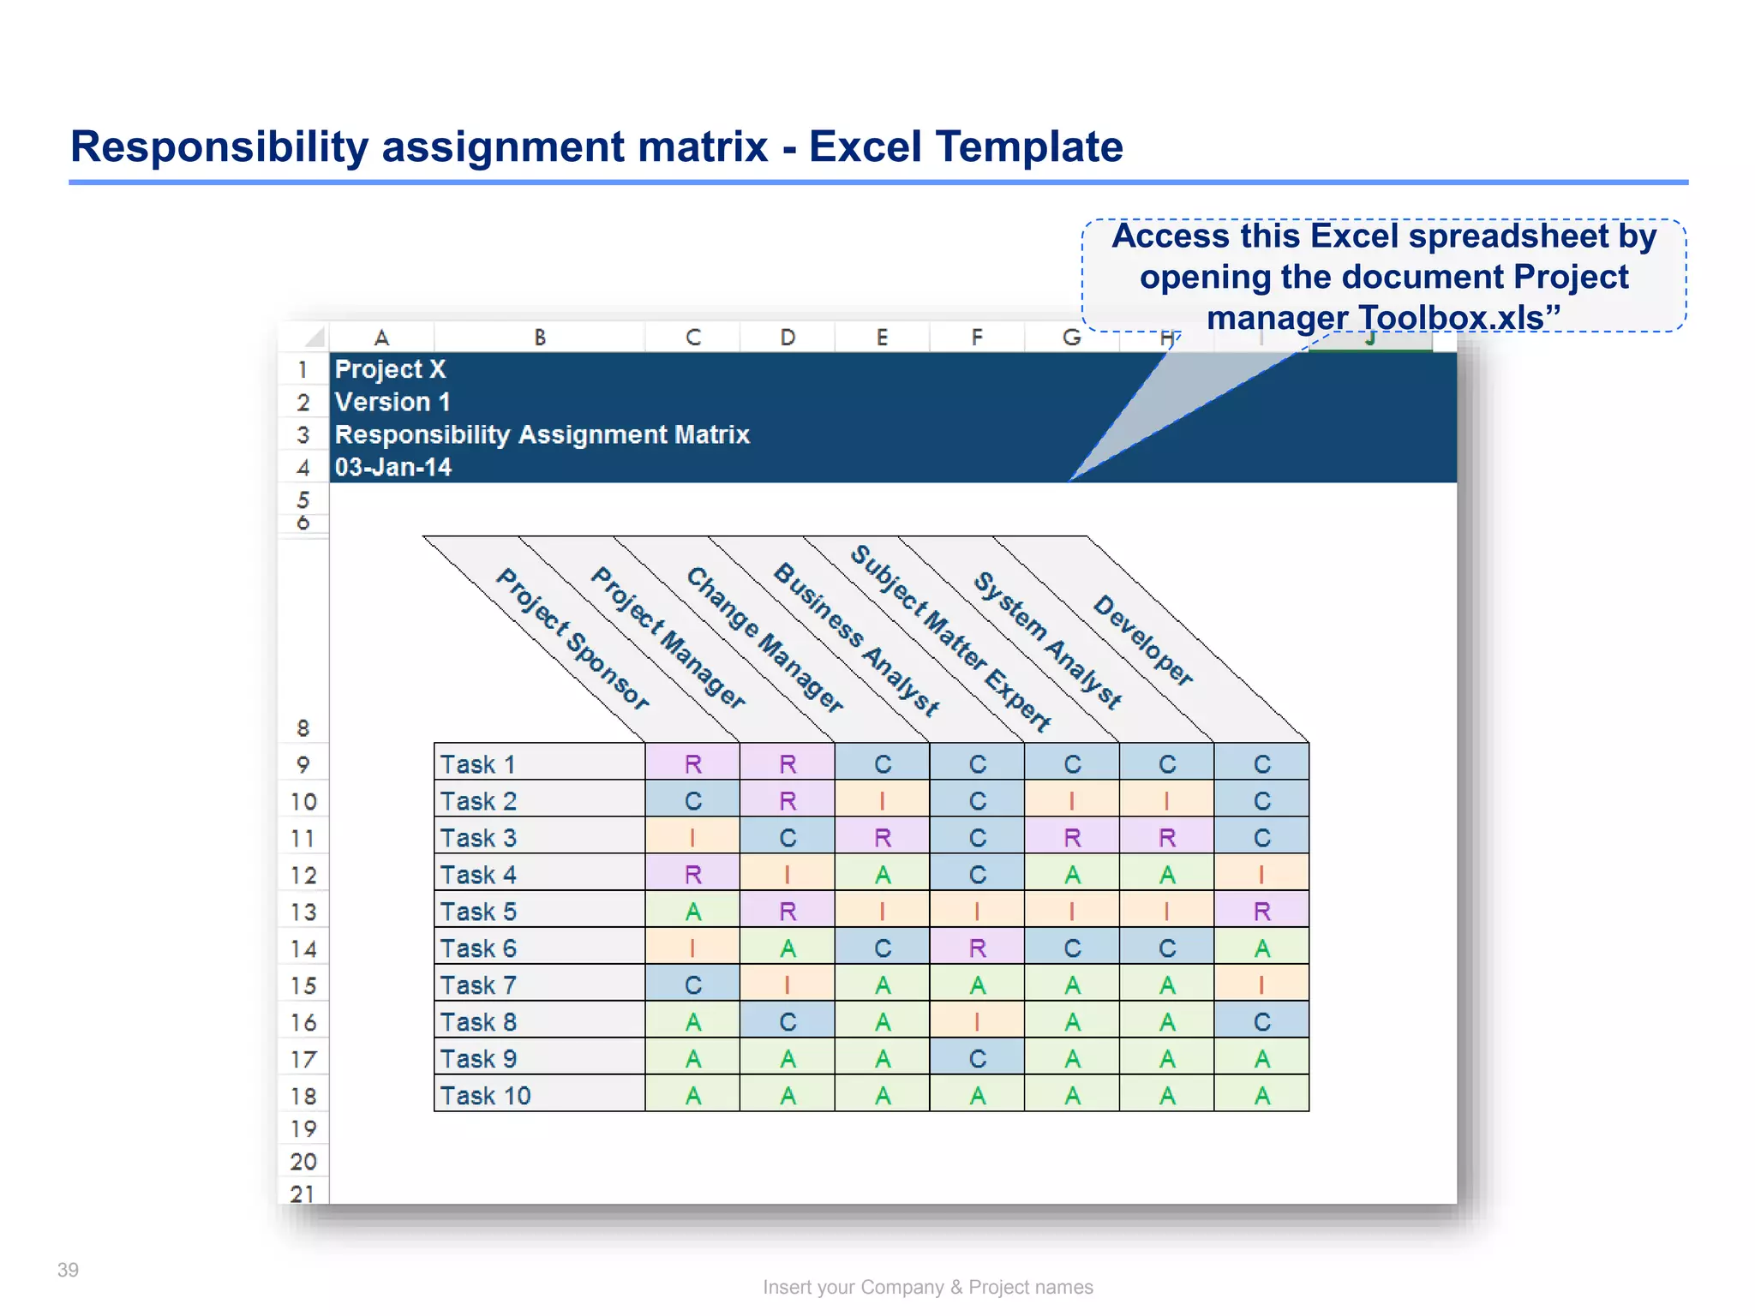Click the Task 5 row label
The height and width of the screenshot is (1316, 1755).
(x=478, y=912)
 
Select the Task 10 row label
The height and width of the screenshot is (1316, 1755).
(x=485, y=1096)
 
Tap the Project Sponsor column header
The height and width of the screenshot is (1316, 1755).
(x=572, y=638)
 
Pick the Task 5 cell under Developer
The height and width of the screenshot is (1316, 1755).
(x=1261, y=912)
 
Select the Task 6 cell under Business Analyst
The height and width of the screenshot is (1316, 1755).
(x=977, y=948)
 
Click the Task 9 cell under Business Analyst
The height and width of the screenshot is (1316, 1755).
(x=977, y=1059)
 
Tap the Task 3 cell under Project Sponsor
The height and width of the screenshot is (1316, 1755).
(x=692, y=838)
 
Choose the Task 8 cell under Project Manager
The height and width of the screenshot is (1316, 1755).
(x=788, y=1022)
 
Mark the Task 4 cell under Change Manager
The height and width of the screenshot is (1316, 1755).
(x=883, y=875)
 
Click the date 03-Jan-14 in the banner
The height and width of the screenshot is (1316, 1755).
(x=392, y=467)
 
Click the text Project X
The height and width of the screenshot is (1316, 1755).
(x=390, y=369)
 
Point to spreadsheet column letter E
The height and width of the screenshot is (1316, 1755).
(x=882, y=338)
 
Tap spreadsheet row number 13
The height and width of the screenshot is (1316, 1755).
(x=303, y=912)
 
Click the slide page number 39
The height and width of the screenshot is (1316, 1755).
(x=68, y=1270)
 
